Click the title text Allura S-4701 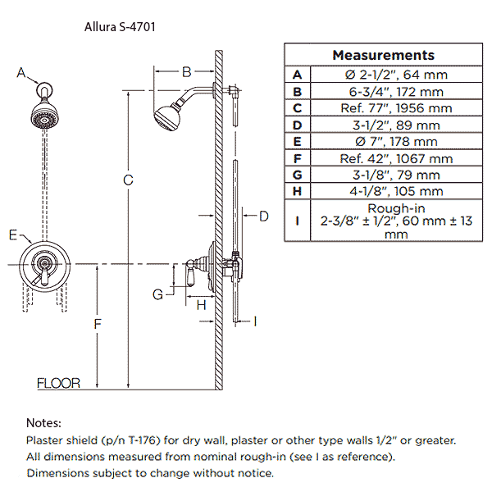click(121, 26)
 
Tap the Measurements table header click(383, 55)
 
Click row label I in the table click(297, 221)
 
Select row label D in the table click(297, 125)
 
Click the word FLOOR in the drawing click(59, 383)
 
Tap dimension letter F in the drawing click(97, 325)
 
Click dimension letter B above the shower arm click(186, 71)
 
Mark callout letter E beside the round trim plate click(13, 235)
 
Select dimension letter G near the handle click(158, 293)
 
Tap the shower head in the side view click(168, 117)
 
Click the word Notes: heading click(43, 423)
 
